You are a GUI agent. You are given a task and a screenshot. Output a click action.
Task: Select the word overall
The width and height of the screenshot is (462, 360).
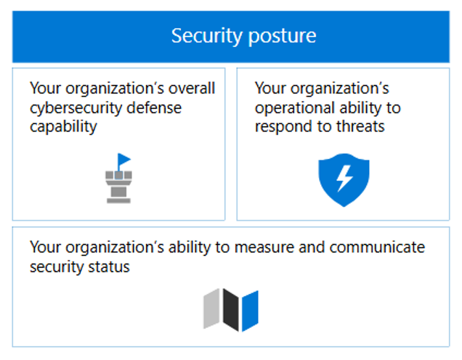(192, 89)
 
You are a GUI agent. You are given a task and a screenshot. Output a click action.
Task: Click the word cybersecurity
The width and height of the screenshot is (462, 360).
(75, 108)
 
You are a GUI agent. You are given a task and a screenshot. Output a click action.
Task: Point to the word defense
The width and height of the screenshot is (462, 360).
(154, 107)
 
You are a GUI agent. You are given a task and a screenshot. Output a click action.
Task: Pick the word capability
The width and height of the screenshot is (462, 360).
(63, 127)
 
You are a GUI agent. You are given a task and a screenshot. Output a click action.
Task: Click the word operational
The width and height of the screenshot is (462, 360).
(294, 108)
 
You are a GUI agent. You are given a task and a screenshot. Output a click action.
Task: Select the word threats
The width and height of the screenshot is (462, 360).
(360, 126)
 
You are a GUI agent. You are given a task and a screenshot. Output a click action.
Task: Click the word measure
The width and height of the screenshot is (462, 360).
(264, 247)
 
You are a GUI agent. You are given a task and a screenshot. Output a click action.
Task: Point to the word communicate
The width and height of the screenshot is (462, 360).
(377, 247)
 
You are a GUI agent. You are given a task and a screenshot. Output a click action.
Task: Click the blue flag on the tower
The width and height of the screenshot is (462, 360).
(123, 159)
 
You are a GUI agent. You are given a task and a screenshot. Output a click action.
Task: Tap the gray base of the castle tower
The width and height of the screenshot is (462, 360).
(118, 200)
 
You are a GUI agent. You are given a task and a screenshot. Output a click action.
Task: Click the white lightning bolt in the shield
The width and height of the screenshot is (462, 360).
(344, 179)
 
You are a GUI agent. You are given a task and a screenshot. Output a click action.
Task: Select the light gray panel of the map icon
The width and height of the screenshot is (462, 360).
(211, 308)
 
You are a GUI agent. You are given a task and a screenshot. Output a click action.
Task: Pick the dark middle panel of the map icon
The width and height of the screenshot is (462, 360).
(231, 310)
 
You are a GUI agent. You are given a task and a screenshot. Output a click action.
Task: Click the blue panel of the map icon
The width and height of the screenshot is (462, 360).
(250, 311)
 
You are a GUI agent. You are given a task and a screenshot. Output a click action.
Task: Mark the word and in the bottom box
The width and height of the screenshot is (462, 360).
(312, 247)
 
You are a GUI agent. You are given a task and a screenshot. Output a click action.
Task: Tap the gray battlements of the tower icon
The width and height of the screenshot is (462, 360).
(118, 176)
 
